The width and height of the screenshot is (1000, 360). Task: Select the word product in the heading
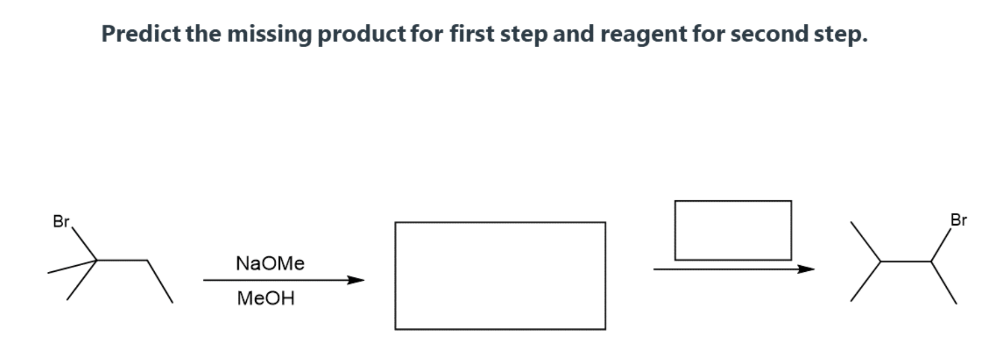(x=362, y=34)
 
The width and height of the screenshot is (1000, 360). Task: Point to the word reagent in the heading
(x=643, y=34)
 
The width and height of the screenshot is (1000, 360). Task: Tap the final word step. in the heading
(x=840, y=34)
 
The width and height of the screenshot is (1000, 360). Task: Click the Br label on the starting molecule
(x=61, y=222)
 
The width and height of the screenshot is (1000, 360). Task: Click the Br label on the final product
(x=958, y=220)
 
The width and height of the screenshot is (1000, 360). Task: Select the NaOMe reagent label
(x=270, y=263)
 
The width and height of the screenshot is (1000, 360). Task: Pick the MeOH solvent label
(x=266, y=298)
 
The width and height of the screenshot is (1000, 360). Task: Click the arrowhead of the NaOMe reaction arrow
(x=357, y=280)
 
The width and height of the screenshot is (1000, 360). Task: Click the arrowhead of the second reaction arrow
(x=807, y=269)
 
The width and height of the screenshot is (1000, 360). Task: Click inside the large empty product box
(x=500, y=276)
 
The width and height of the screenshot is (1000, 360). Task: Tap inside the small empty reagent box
(x=733, y=230)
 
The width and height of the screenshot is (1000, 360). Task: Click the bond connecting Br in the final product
(x=941, y=245)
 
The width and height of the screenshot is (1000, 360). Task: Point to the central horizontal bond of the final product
(x=906, y=261)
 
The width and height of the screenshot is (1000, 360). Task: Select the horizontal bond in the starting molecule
(x=122, y=260)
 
